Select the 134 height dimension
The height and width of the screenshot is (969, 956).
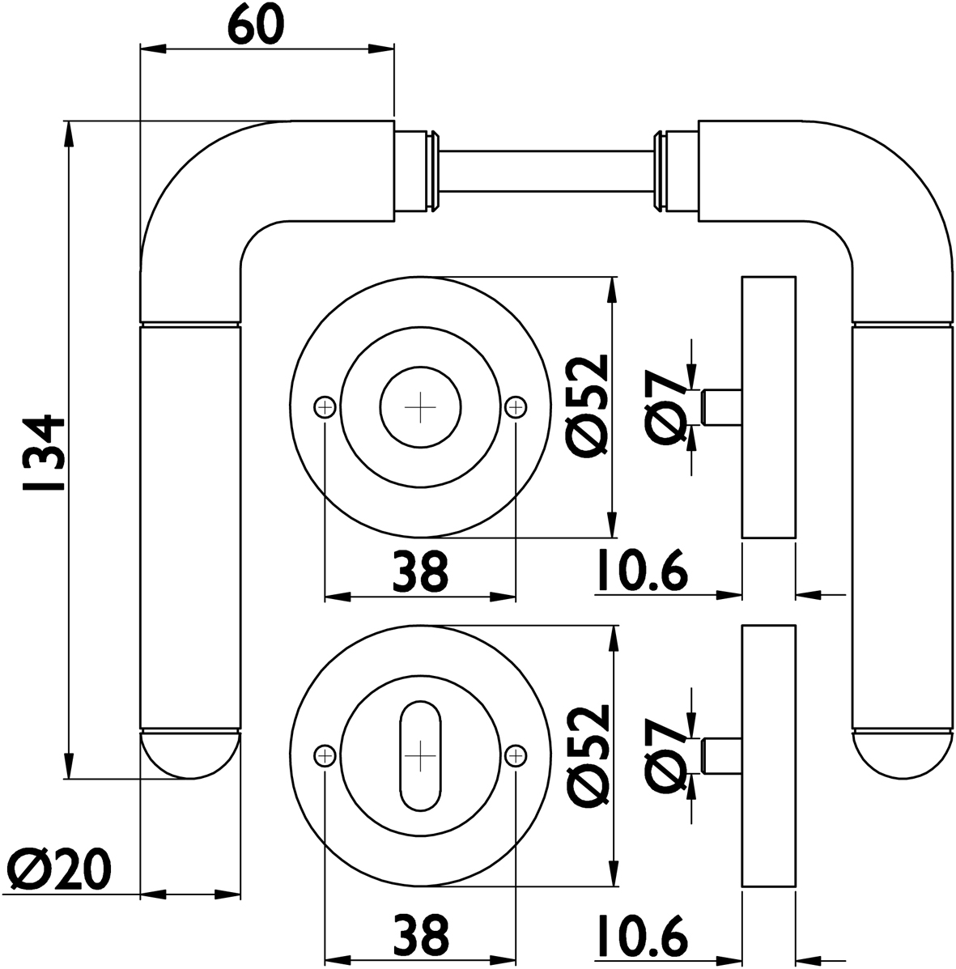click(x=43, y=453)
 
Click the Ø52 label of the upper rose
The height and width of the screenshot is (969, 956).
click(x=589, y=406)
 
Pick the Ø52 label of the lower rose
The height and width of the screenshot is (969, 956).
click(x=589, y=755)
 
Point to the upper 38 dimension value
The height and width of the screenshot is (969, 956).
click(x=419, y=571)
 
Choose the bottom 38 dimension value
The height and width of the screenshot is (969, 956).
click(x=419, y=933)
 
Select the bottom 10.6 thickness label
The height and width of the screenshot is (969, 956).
click(x=642, y=933)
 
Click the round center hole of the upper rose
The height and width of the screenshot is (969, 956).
click(x=420, y=406)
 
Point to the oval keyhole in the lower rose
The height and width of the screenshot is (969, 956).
click(x=420, y=755)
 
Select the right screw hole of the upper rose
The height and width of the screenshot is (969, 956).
click(x=516, y=406)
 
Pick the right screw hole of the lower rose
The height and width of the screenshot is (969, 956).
click(x=516, y=755)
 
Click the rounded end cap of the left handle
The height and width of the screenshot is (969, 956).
click(x=190, y=754)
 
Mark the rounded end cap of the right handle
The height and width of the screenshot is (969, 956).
click(x=902, y=754)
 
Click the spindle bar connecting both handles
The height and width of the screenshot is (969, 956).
click(x=545, y=170)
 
